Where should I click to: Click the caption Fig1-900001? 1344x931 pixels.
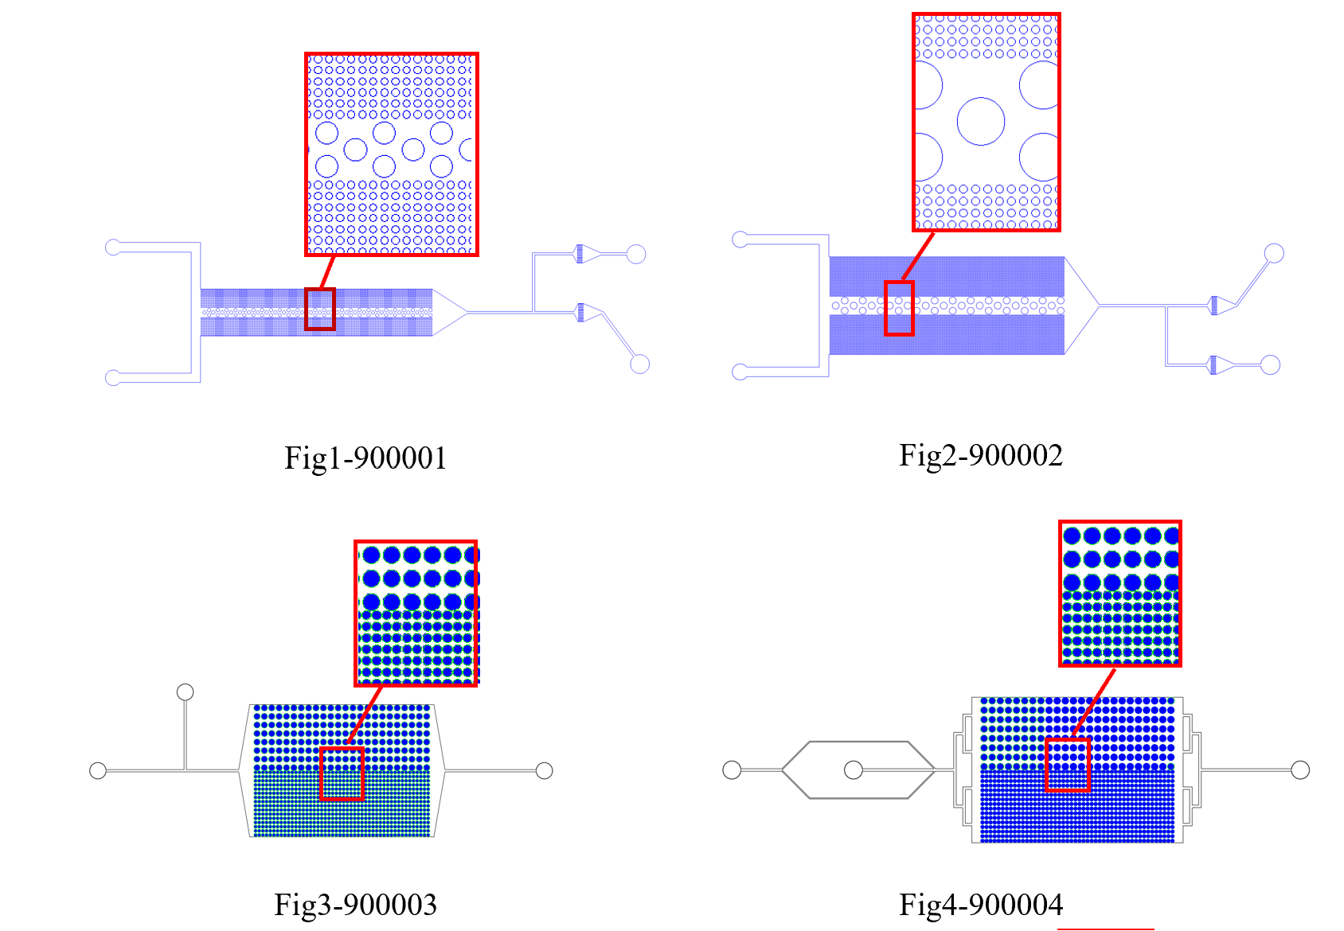[x=365, y=458]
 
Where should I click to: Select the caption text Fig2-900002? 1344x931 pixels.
[x=980, y=455]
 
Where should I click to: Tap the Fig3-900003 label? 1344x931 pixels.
[x=355, y=905]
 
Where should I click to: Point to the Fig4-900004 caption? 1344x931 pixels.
[x=980, y=905]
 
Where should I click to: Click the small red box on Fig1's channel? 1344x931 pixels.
[x=319, y=309]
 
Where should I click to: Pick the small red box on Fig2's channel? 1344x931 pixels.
[x=899, y=308]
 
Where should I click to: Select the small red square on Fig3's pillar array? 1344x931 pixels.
[x=342, y=773]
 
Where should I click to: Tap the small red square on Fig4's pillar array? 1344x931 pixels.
[x=1067, y=764]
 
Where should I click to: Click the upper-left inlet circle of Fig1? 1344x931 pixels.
[x=113, y=247]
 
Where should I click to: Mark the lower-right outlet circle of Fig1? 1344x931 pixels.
[x=639, y=364]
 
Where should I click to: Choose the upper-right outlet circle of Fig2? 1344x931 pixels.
[x=1274, y=253]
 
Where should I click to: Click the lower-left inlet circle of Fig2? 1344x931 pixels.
[x=740, y=372]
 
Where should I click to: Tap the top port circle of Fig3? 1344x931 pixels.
[x=185, y=691]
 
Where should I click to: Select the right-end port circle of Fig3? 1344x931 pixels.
[x=545, y=770]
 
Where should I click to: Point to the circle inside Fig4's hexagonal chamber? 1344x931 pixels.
[x=853, y=769]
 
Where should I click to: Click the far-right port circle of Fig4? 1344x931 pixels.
[x=1299, y=769]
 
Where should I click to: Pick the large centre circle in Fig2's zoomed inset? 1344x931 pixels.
[x=980, y=122]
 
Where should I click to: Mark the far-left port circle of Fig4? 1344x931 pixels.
[x=731, y=769]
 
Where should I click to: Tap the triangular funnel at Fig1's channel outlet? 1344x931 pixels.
[x=447, y=313]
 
